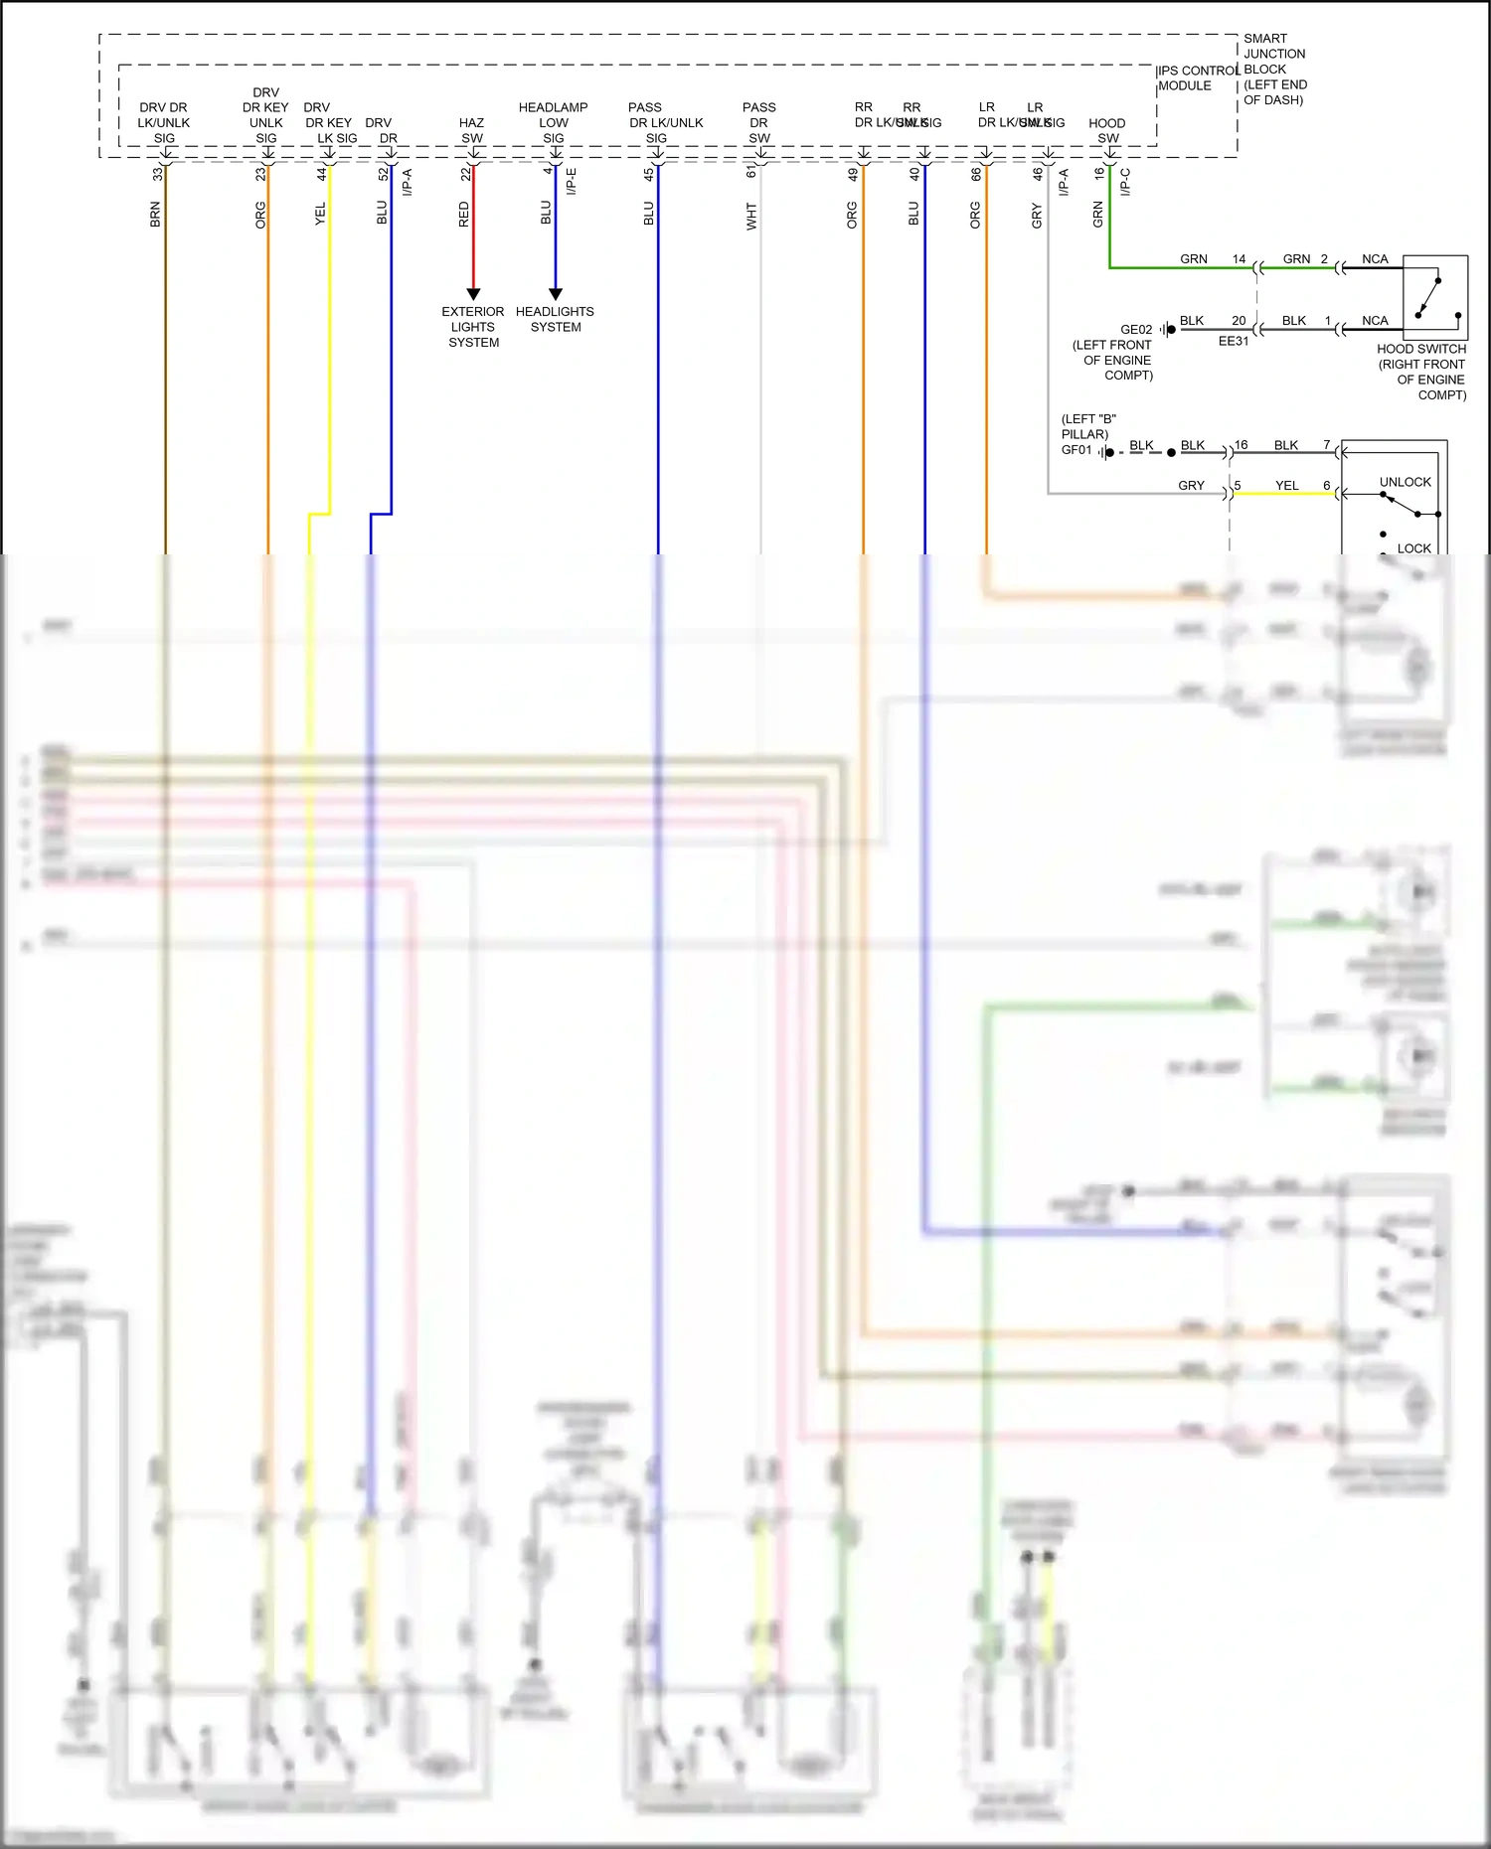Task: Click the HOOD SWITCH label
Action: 1421,349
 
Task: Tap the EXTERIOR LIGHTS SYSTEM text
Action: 473,327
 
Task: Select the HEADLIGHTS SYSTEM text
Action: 555,319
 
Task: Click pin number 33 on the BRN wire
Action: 157,174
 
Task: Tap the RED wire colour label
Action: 464,215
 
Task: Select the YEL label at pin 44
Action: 320,215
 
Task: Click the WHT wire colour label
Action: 751,217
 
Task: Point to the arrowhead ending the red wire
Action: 473,294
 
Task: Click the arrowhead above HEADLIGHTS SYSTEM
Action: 556,294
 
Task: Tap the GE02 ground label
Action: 1136,330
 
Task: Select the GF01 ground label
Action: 1077,450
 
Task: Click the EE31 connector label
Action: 1234,341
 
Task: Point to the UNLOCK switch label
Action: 1405,482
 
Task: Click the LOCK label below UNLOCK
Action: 1413,548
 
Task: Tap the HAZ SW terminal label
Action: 472,130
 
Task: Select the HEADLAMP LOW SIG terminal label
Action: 553,122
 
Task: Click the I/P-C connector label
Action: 1125,182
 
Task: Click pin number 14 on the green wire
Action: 1239,259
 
